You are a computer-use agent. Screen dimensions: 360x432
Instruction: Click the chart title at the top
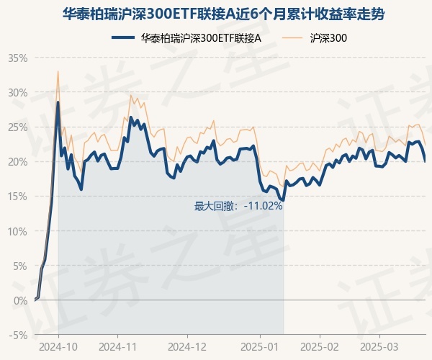(215, 13)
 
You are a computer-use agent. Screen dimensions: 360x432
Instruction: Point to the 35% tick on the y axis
(18, 58)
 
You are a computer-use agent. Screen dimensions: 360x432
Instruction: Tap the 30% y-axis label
(18, 92)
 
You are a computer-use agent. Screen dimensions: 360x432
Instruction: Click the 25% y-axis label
(18, 127)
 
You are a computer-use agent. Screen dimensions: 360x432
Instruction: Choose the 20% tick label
(18, 161)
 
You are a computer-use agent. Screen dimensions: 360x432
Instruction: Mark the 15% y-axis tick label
(18, 196)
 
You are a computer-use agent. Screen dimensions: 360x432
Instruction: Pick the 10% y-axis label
(18, 230)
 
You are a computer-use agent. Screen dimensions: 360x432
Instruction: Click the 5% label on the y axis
(20, 265)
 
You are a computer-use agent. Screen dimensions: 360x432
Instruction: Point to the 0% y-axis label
(20, 300)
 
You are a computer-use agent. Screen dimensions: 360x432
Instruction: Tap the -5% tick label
(19, 335)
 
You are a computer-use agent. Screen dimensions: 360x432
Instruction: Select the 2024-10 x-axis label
(58, 346)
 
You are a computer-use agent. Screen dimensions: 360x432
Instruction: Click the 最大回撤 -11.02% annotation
(238, 206)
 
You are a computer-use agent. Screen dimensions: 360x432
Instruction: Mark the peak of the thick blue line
(58, 102)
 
